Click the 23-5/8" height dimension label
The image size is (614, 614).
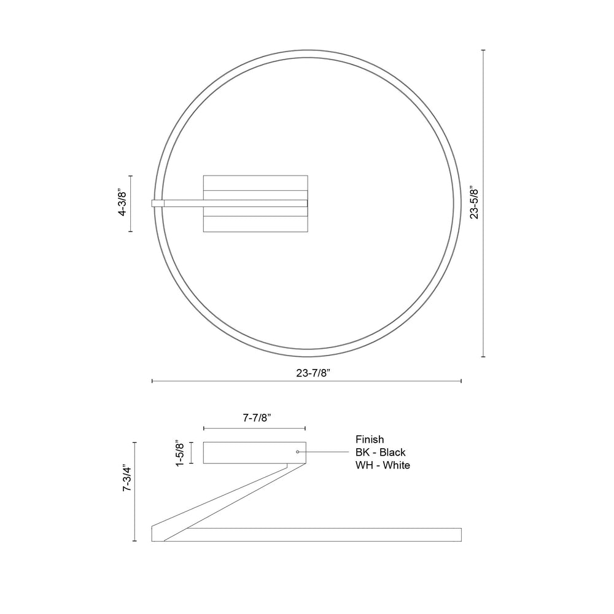point(475,203)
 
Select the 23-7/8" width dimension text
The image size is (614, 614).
point(313,373)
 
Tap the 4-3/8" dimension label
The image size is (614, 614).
point(123,203)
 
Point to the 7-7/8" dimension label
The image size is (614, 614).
point(257,418)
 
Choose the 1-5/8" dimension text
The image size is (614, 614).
point(180,453)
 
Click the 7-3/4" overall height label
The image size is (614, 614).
point(127,478)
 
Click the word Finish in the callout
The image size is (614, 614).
point(370,440)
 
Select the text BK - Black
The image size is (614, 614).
point(381,453)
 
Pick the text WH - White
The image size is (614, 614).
point(383,465)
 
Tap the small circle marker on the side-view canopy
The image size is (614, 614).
point(298,452)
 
